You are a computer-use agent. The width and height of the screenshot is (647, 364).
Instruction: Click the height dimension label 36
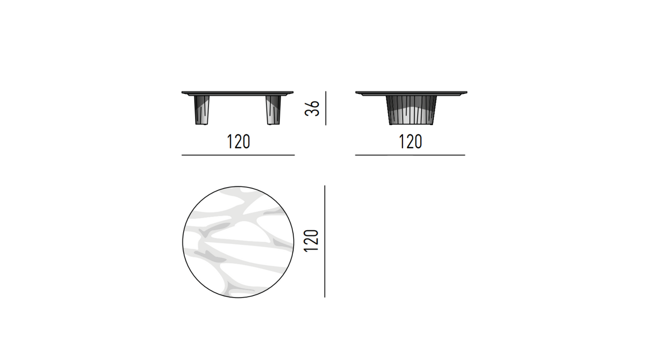click(x=312, y=108)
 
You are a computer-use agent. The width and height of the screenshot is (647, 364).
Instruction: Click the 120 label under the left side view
click(x=238, y=141)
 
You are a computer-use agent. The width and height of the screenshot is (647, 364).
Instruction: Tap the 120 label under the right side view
click(x=411, y=141)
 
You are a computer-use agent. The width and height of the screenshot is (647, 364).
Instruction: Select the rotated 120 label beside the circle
click(x=311, y=241)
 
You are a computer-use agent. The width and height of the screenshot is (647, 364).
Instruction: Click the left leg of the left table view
click(x=201, y=110)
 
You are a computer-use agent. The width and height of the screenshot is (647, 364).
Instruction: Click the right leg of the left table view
click(x=273, y=110)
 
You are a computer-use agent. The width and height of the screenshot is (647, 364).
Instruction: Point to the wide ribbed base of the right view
click(x=411, y=110)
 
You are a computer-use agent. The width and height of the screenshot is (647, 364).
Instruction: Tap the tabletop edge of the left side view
click(x=237, y=93)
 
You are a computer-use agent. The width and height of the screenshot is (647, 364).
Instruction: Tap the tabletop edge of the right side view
click(x=411, y=93)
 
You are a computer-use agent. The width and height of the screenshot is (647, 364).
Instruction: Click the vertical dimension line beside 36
click(x=326, y=108)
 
